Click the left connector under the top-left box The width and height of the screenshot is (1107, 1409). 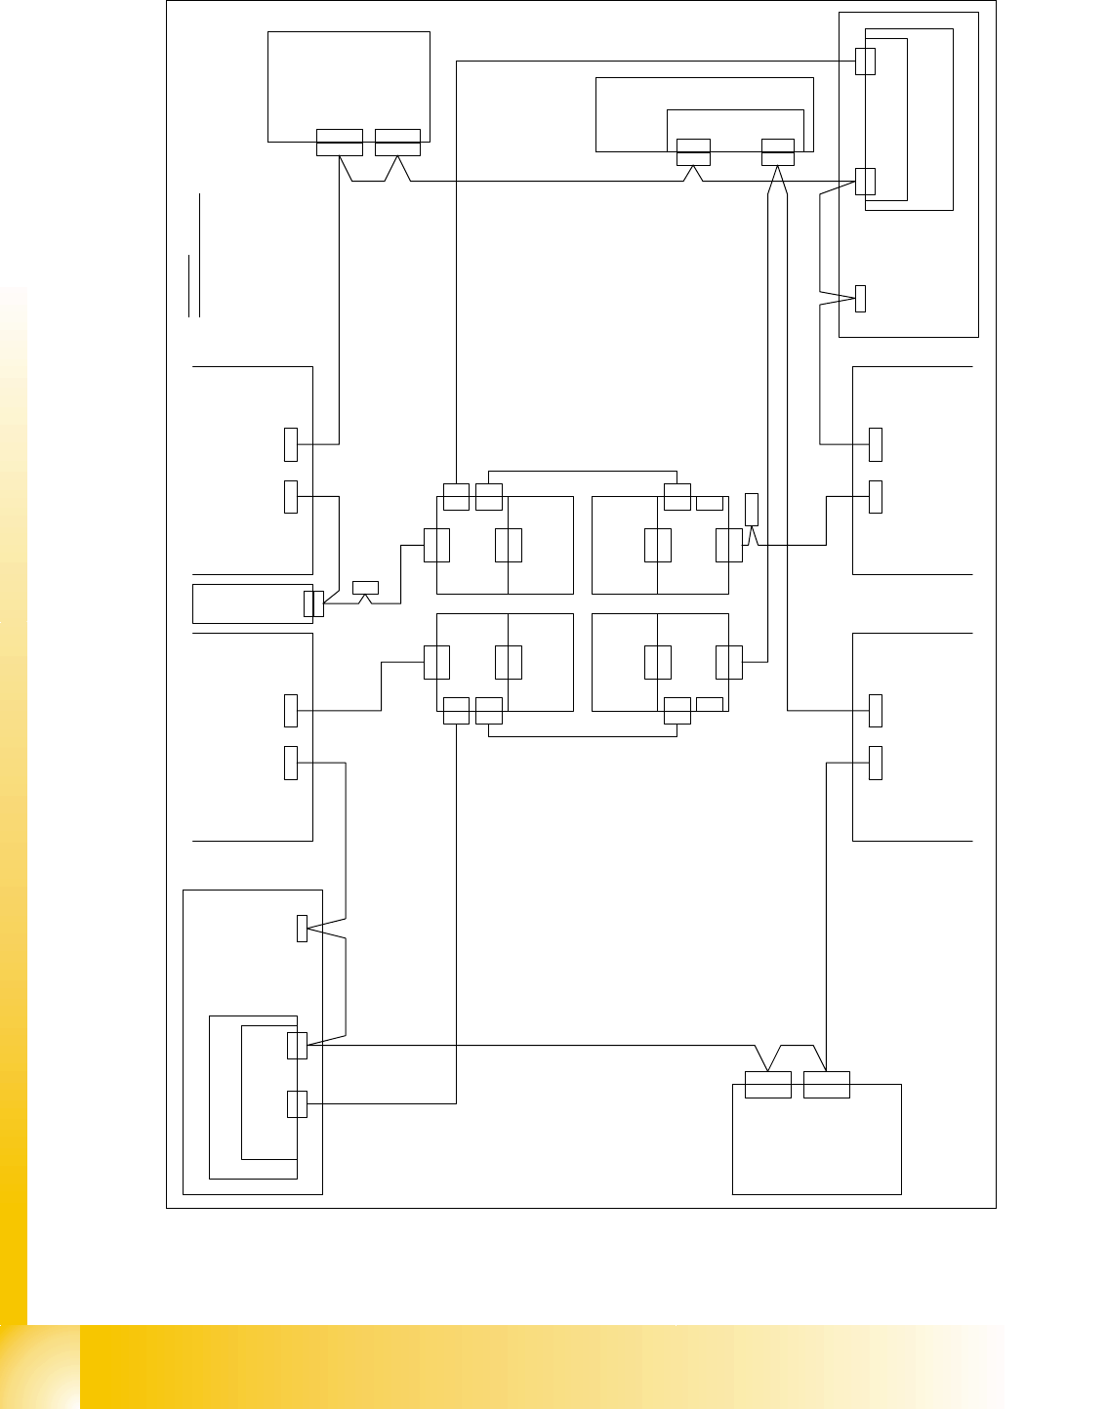340,143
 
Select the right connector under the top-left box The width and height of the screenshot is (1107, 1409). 397,143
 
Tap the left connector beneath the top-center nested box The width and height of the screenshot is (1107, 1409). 693,152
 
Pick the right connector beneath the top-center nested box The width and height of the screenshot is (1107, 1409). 778,152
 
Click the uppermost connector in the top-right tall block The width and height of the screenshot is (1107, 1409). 865,61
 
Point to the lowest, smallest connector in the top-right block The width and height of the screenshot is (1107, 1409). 860,298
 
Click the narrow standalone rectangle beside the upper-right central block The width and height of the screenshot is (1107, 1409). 751,510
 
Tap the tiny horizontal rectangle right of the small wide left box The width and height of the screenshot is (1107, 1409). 365,587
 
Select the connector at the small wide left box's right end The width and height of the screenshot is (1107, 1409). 313,603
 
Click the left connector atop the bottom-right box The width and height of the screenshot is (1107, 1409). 768,1084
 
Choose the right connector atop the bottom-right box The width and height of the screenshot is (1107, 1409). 827,1084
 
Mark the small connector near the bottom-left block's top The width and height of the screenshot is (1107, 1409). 303,929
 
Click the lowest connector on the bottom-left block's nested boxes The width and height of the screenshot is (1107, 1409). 297,1103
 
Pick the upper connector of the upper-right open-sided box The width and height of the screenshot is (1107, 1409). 876,444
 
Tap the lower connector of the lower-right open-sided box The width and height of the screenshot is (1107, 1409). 876,763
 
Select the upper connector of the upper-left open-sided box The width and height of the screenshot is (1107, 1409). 291,444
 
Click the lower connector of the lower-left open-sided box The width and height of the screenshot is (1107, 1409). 291,763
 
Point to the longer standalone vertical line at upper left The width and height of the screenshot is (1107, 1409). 199,254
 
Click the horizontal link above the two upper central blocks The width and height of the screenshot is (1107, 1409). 582,472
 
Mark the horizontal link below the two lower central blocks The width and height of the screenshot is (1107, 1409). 582,735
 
